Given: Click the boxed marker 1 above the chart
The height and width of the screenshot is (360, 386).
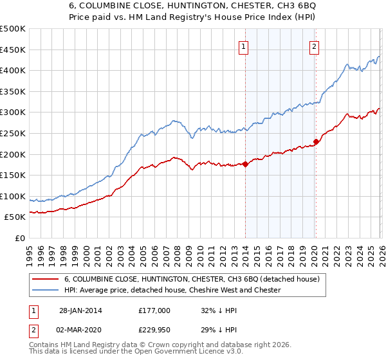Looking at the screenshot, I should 244,46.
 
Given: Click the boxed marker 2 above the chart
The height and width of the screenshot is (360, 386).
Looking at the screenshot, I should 315,46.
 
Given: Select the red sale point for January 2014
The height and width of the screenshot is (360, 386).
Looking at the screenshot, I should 245,164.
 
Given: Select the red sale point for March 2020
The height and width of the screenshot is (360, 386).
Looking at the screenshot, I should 316,141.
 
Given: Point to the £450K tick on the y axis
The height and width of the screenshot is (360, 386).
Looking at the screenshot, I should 13,50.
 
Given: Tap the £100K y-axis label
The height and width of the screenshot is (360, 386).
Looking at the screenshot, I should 13,196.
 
